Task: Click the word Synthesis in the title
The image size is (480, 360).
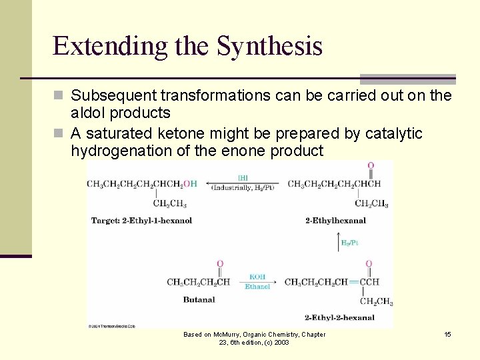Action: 269,47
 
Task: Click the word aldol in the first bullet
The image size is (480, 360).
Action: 90,113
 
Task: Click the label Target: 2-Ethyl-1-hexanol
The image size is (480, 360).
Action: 141,221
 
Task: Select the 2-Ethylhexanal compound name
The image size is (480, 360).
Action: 335,221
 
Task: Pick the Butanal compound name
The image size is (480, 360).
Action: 199,299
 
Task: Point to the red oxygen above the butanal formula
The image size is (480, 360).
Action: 220,264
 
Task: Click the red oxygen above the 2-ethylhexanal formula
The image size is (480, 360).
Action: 370,165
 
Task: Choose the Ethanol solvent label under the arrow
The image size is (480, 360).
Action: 257,287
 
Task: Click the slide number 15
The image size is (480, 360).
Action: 447,334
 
